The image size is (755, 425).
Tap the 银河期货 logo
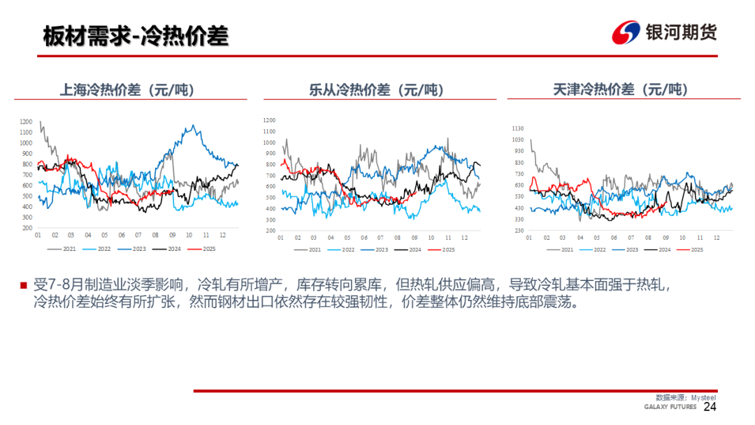tap(664, 32)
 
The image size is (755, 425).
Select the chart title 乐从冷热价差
tap(376, 90)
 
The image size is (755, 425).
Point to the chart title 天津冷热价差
tap(620, 90)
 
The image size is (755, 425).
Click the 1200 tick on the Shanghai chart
tap(26, 122)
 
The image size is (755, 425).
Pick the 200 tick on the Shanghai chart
tap(27, 228)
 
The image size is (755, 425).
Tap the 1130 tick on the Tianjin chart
tap(518, 129)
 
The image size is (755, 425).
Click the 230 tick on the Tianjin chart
tap(519, 231)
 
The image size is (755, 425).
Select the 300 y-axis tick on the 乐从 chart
tap(271, 220)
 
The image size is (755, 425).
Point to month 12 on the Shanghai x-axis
tap(223, 236)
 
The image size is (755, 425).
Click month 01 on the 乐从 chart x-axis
tap(280, 238)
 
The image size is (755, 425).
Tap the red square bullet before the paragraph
tap(23, 285)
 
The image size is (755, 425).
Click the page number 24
tap(710, 407)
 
